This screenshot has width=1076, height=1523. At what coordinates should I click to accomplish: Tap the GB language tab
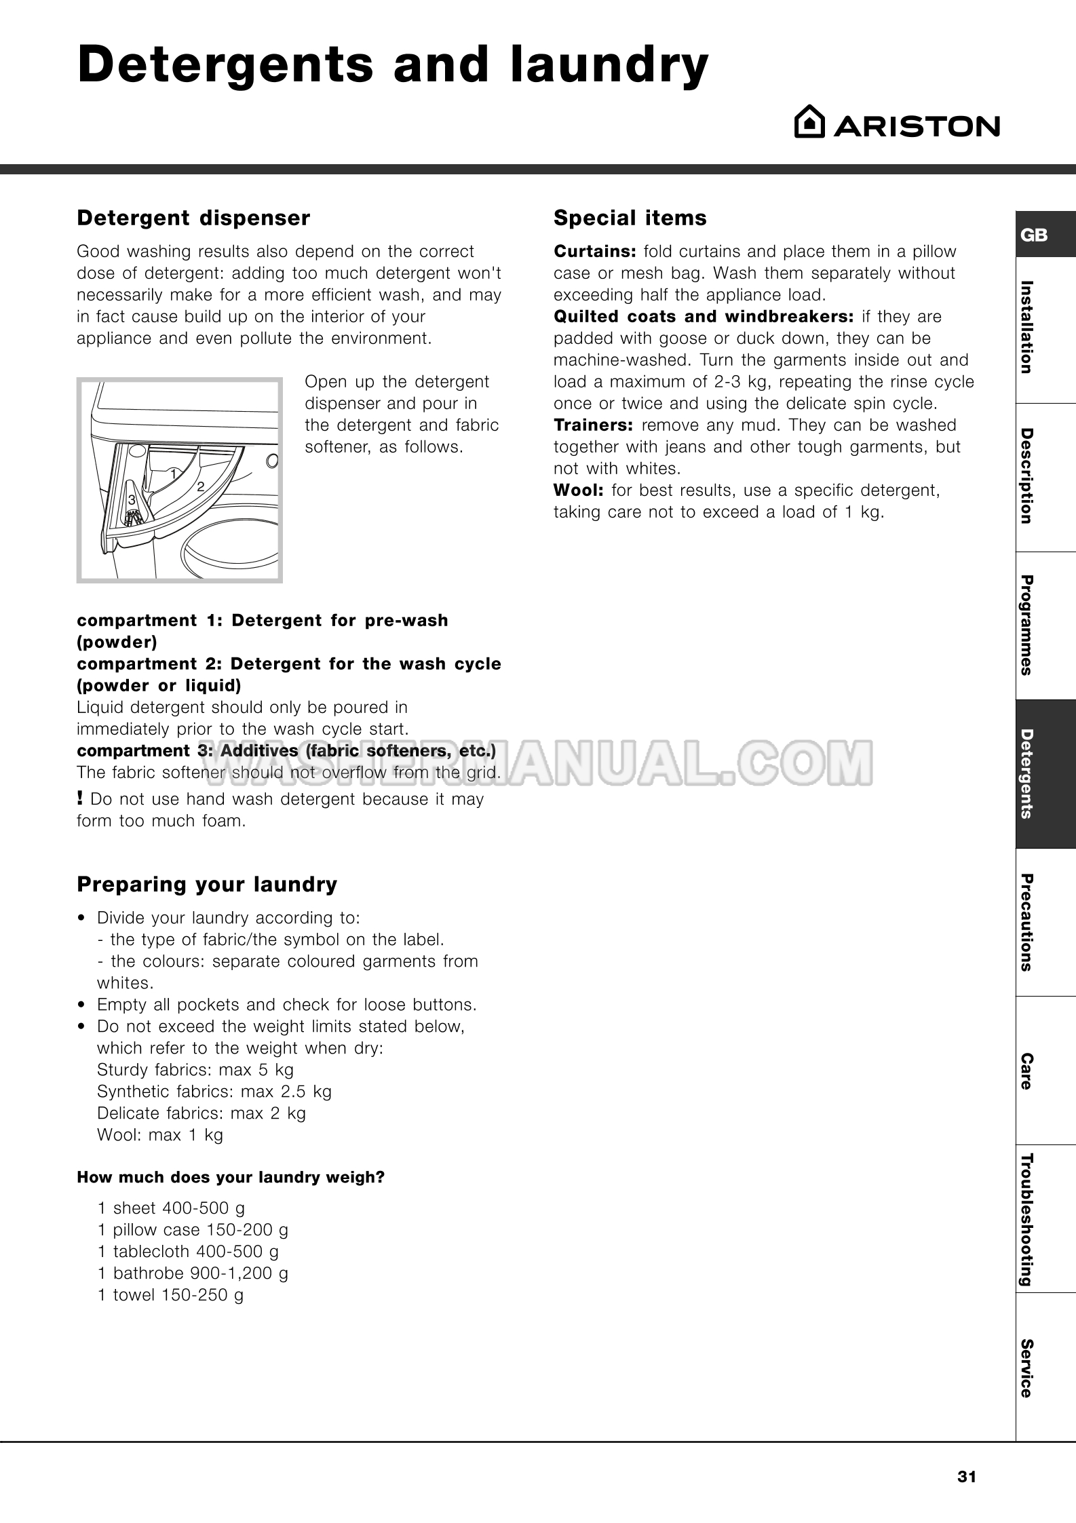[x=1035, y=235]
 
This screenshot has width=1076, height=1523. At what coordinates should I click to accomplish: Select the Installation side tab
[x=1027, y=327]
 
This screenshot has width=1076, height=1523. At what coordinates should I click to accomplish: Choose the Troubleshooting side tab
[x=1027, y=1218]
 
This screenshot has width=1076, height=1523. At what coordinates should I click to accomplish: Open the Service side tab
[x=1027, y=1368]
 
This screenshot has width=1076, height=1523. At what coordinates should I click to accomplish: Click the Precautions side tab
[x=1027, y=922]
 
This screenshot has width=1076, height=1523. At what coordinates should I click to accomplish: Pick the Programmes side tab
[x=1027, y=625]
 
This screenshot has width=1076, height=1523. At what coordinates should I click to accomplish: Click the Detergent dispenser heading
[x=193, y=218]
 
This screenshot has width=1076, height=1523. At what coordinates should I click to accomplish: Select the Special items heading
[x=630, y=218]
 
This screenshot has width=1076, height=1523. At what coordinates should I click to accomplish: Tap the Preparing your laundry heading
[x=207, y=885]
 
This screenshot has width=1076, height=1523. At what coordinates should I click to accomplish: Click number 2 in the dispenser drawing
[x=201, y=486]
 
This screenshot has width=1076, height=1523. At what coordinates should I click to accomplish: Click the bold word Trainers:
[x=594, y=425]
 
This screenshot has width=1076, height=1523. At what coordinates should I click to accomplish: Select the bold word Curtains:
[x=595, y=252]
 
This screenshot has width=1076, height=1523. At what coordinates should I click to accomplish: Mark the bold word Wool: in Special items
[x=579, y=490]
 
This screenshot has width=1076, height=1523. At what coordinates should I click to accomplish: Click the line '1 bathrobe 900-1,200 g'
[x=193, y=1273]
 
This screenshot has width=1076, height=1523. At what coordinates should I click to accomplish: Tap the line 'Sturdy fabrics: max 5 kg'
[x=195, y=1070]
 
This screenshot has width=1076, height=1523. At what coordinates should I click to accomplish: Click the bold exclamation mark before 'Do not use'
[x=81, y=798]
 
